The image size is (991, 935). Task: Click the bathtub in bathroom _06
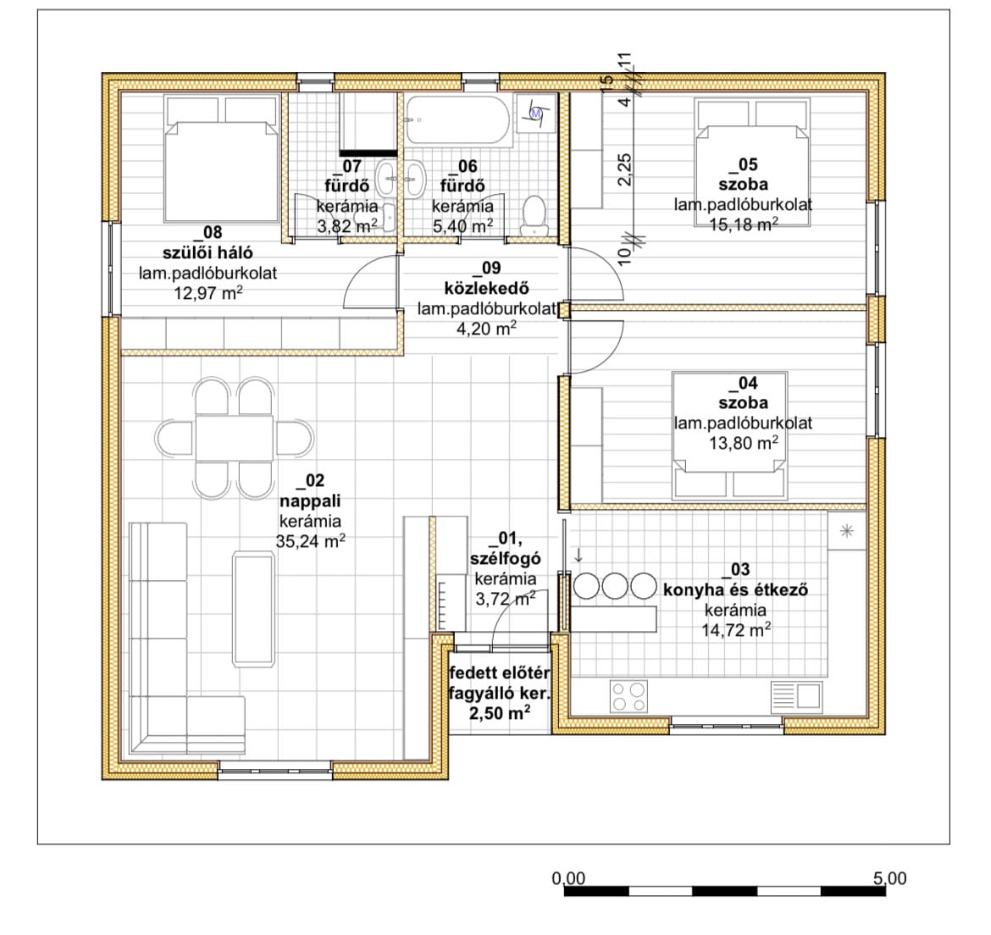pyautogui.click(x=457, y=121)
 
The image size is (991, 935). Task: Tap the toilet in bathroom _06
pyautogui.click(x=534, y=216)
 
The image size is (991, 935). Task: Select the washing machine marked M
pyautogui.click(x=536, y=113)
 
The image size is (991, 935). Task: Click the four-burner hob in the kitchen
pyautogui.click(x=629, y=696)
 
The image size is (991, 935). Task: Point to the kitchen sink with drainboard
pyautogui.click(x=797, y=696)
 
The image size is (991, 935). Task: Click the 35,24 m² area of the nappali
pyautogui.click(x=310, y=541)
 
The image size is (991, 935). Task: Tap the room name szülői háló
pyautogui.click(x=208, y=252)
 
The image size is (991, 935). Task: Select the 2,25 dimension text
pyautogui.click(x=624, y=169)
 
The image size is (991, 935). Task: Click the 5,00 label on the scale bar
pyautogui.click(x=890, y=878)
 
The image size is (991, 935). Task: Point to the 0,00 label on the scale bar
pyautogui.click(x=568, y=878)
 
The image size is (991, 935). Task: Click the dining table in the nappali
pyautogui.click(x=235, y=438)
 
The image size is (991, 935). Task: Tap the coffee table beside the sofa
pyautogui.click(x=254, y=608)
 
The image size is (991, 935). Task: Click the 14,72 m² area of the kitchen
pyautogui.click(x=736, y=630)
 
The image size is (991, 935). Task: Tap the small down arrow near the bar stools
pyautogui.click(x=578, y=556)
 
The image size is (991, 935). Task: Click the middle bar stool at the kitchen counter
pyautogui.click(x=615, y=585)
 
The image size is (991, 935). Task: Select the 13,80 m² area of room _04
pyautogui.click(x=744, y=443)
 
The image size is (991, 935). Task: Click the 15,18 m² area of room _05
pyautogui.click(x=744, y=224)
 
